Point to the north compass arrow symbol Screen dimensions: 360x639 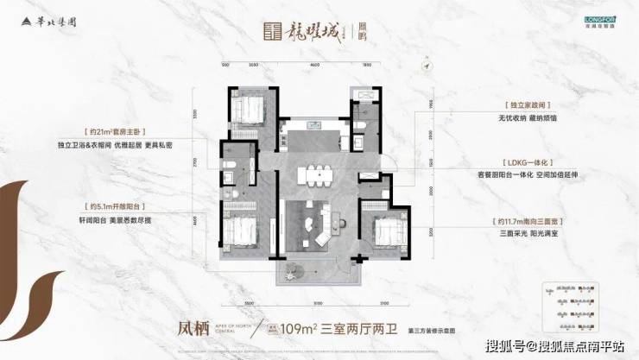click(425, 63)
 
